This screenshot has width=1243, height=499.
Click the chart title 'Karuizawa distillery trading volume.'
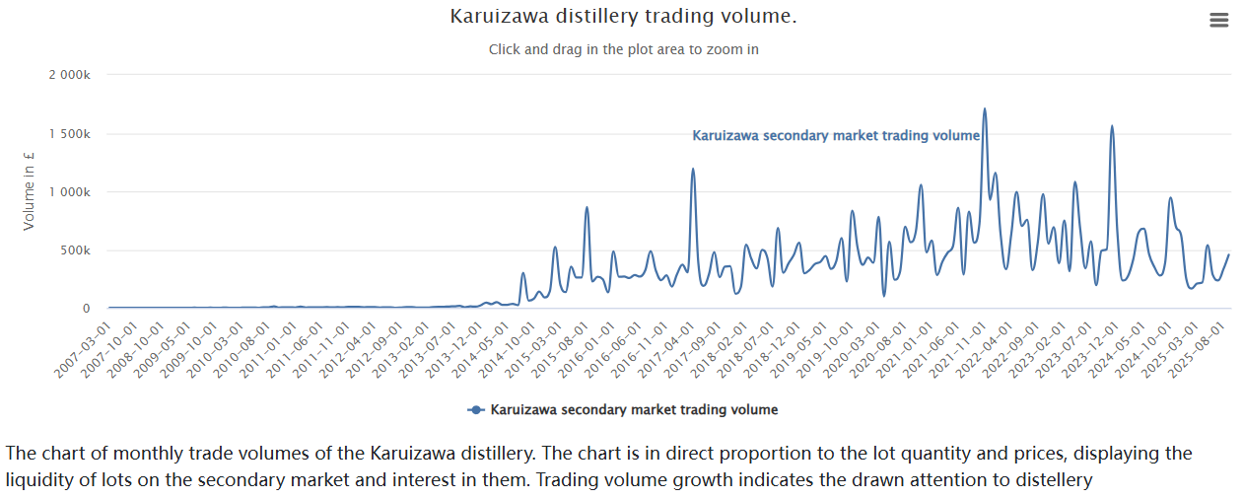pos(623,17)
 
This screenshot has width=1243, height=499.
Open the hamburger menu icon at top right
pos(1219,20)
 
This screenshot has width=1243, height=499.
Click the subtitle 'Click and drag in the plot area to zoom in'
pos(623,49)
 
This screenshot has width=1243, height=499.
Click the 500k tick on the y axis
pos(75,250)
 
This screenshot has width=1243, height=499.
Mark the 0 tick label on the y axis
pos(86,309)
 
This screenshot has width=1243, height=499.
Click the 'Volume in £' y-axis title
pos(29,191)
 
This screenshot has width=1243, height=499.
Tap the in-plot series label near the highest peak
pos(836,136)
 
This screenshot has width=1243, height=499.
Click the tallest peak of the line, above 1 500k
pos(984,109)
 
